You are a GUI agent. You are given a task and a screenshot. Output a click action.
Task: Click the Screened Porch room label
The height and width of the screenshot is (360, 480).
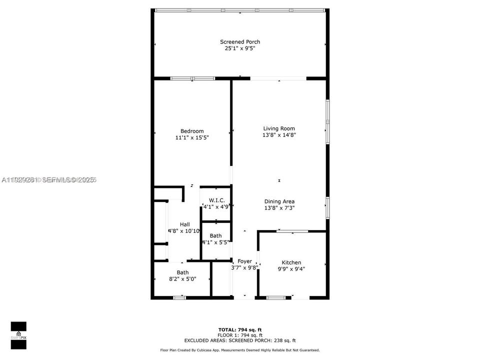pyautogui.click(x=240, y=42)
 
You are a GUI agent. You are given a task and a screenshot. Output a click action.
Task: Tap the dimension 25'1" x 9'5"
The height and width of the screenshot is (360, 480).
pyautogui.click(x=240, y=48)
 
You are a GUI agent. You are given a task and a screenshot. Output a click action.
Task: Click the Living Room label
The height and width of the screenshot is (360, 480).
pyautogui.click(x=279, y=128)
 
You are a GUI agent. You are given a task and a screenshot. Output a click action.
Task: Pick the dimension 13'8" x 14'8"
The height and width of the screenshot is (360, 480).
pyautogui.click(x=279, y=135)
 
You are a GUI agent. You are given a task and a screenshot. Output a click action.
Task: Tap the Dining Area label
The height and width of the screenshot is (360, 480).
pyautogui.click(x=279, y=201)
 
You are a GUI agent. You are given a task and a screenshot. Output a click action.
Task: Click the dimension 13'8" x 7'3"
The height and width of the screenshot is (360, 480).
pyautogui.click(x=279, y=208)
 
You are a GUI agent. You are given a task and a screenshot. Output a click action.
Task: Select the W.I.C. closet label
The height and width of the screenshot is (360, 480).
pyautogui.click(x=216, y=200)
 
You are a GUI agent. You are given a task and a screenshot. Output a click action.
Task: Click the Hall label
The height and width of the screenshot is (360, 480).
pyautogui.click(x=184, y=224)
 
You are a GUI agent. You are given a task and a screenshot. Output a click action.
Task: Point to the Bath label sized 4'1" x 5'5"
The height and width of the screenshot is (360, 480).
pyautogui.click(x=215, y=235)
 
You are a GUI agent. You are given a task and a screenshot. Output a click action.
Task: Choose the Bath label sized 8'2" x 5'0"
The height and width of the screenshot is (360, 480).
pyautogui.click(x=182, y=272)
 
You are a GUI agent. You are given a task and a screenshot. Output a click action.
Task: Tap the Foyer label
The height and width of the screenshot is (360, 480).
pyautogui.click(x=244, y=261)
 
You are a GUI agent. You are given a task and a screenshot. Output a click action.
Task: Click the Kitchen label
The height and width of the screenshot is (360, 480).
pyautogui.click(x=291, y=262)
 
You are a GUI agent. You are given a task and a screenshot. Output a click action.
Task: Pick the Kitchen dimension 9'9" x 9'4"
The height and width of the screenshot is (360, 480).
pyautogui.click(x=291, y=269)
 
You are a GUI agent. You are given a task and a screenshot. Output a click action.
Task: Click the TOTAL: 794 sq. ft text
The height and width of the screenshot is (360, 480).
pyautogui.click(x=240, y=329)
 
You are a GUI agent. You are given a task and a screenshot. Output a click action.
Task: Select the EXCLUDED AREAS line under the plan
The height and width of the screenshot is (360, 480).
pyautogui.click(x=240, y=340)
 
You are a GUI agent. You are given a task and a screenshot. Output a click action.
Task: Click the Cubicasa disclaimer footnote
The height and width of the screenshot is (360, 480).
pyautogui.click(x=240, y=350)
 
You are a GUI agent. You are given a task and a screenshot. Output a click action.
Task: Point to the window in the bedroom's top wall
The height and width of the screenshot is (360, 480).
pyautogui.click(x=192, y=78)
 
